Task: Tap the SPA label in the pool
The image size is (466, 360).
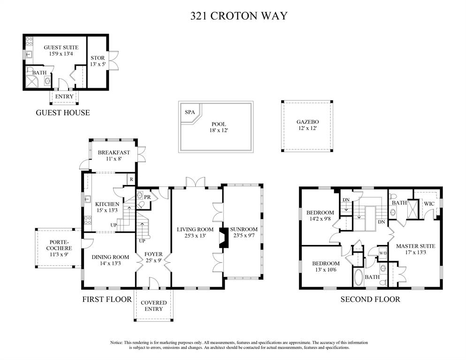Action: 190,113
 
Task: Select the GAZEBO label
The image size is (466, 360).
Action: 307,122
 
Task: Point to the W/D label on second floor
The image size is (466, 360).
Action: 383,253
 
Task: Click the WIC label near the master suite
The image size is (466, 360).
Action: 429,204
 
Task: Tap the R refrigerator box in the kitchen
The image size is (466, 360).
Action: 132,179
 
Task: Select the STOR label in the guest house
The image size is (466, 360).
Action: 98,59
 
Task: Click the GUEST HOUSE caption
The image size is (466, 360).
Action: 63,113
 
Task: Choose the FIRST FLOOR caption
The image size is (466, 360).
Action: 107,299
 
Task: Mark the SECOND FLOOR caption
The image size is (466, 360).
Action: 370,299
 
